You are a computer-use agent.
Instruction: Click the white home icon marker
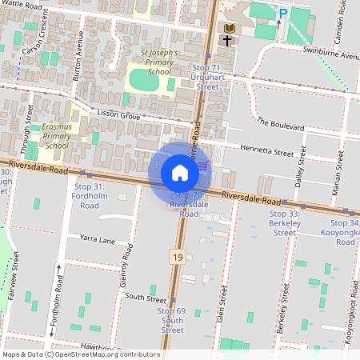point(180,173)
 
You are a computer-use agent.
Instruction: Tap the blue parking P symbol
point(282,13)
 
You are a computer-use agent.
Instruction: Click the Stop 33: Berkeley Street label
point(284,223)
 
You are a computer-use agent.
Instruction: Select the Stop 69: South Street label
point(172,320)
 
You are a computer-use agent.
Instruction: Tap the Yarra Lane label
point(97,238)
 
